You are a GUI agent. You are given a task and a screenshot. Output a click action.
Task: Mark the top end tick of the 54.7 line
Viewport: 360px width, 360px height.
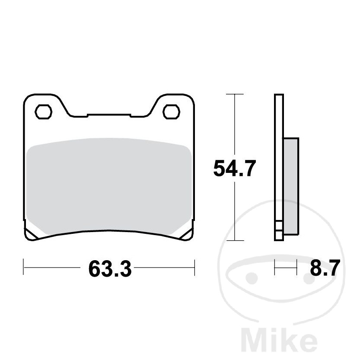[x=234, y=94]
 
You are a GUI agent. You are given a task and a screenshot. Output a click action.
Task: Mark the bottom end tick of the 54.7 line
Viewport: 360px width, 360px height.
[x=234, y=240]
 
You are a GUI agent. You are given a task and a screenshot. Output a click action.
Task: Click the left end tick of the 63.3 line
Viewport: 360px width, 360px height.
[x=23, y=267]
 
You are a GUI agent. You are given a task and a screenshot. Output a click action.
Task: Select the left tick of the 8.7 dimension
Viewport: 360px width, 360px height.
[x=275, y=267]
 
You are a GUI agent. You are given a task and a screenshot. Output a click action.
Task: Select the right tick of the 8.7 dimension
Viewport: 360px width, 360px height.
[x=297, y=267]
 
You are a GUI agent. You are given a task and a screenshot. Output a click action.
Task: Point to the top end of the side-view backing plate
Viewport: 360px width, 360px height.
[x=279, y=95]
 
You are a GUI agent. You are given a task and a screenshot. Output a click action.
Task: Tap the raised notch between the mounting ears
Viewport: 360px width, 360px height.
[x=108, y=115]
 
